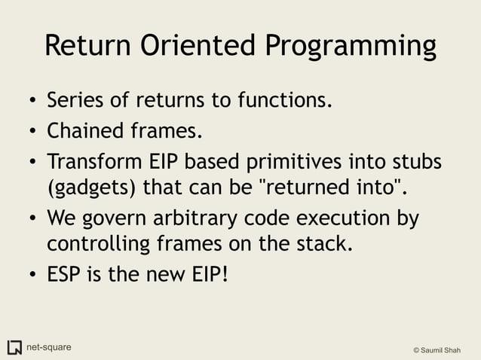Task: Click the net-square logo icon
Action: pos(14,347)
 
